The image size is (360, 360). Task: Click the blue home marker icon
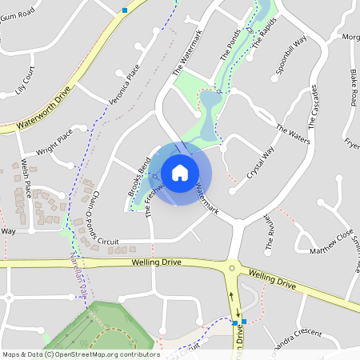click(x=180, y=172)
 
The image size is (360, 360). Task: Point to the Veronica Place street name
click(x=124, y=85)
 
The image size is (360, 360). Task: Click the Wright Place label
click(x=54, y=142)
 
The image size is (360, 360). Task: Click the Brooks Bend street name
click(x=139, y=170)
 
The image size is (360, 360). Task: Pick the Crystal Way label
click(x=261, y=162)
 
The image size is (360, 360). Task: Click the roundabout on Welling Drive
click(x=233, y=269)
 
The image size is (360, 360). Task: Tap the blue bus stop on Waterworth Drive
click(x=125, y=10)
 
